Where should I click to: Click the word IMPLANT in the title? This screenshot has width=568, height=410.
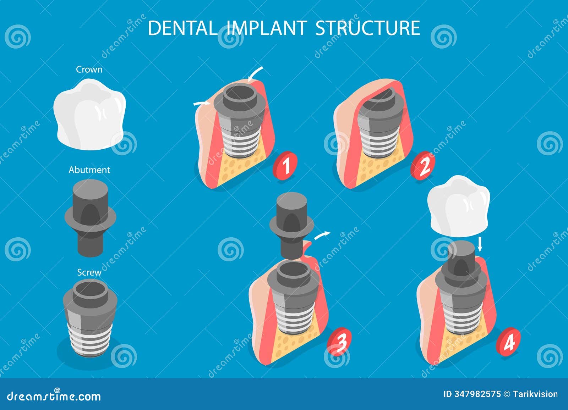[x=266, y=28]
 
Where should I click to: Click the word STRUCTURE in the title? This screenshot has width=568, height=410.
[x=367, y=28]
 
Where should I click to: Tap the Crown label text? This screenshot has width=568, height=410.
[x=89, y=70]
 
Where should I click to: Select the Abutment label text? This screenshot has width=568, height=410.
[x=89, y=170]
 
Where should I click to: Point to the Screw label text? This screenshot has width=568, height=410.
[x=89, y=272]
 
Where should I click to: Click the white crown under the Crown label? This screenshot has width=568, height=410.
[x=89, y=113]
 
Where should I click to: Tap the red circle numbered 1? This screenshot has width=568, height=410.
[x=285, y=164]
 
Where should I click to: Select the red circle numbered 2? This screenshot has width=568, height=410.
[x=422, y=166]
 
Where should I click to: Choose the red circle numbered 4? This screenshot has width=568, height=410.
[x=508, y=341]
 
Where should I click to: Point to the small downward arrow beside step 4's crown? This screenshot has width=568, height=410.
[x=480, y=244]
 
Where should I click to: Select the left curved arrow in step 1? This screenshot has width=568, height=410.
[x=201, y=103]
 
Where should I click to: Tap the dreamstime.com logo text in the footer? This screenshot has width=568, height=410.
[x=54, y=396]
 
